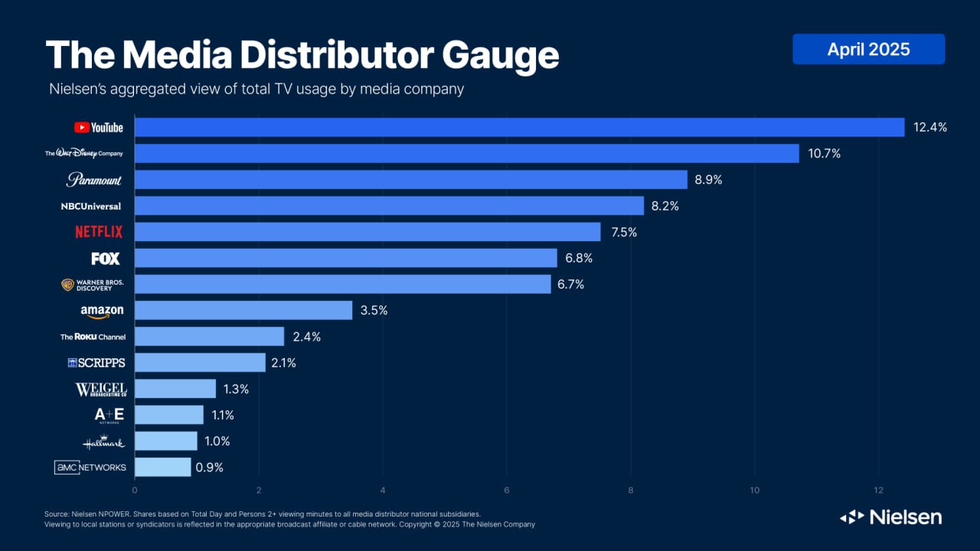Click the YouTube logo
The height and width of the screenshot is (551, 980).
98,128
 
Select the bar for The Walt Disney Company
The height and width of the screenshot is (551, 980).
466,154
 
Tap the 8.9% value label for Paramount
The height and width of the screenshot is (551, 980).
709,180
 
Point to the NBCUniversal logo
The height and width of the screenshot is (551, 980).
91,206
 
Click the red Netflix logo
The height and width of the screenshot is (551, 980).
98,232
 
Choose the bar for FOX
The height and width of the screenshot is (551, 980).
345,258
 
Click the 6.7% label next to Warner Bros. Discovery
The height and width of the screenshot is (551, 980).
572,284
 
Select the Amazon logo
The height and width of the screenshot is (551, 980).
102,311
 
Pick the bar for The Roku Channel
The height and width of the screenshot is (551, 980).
209,337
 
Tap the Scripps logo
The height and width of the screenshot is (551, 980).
96,363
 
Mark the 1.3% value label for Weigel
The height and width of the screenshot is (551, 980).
237,389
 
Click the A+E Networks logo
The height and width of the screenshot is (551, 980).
109,415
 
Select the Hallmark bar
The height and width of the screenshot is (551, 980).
165,441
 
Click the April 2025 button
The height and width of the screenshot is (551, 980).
868,50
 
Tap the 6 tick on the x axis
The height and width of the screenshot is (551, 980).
507,490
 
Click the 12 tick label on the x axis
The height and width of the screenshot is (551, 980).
878,490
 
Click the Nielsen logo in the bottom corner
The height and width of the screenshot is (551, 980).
890,517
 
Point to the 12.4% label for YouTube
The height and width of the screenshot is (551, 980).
930,128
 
